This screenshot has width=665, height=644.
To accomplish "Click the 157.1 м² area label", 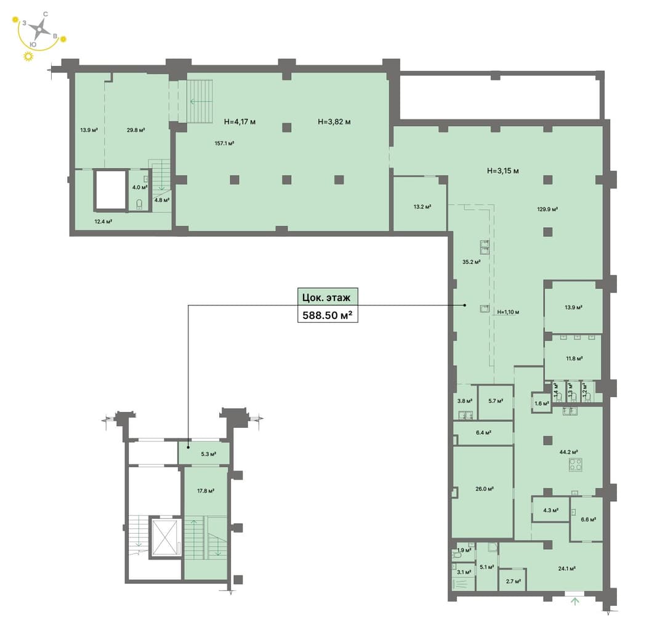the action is click(224, 143).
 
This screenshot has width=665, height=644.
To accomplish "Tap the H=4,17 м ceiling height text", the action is click(240, 122).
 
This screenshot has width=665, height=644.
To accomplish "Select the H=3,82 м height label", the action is click(334, 122).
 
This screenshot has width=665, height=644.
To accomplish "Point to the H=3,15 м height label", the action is click(502, 171).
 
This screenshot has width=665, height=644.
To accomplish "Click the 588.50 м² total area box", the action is click(328, 315).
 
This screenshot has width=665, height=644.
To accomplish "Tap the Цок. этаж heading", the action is click(326, 297).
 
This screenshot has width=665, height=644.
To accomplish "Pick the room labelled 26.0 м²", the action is click(483, 492).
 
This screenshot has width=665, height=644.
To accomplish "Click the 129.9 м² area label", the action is click(547, 209).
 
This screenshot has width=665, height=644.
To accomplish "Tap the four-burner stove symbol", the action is click(575, 465).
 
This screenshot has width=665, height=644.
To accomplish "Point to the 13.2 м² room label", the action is click(422, 207).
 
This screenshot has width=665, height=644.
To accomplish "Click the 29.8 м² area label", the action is click(135, 130).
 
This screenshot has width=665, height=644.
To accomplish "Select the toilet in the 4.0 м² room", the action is click(140, 204).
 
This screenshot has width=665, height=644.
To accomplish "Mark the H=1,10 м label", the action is click(508, 312).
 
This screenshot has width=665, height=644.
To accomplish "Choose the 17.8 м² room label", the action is click(205, 491).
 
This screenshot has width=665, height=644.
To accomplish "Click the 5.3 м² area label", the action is click(208, 454).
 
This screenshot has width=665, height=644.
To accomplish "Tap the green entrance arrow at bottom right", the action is click(575, 601).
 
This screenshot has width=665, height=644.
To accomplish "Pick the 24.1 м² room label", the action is click(566, 568).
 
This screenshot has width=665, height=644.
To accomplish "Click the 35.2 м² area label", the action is click(471, 262).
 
